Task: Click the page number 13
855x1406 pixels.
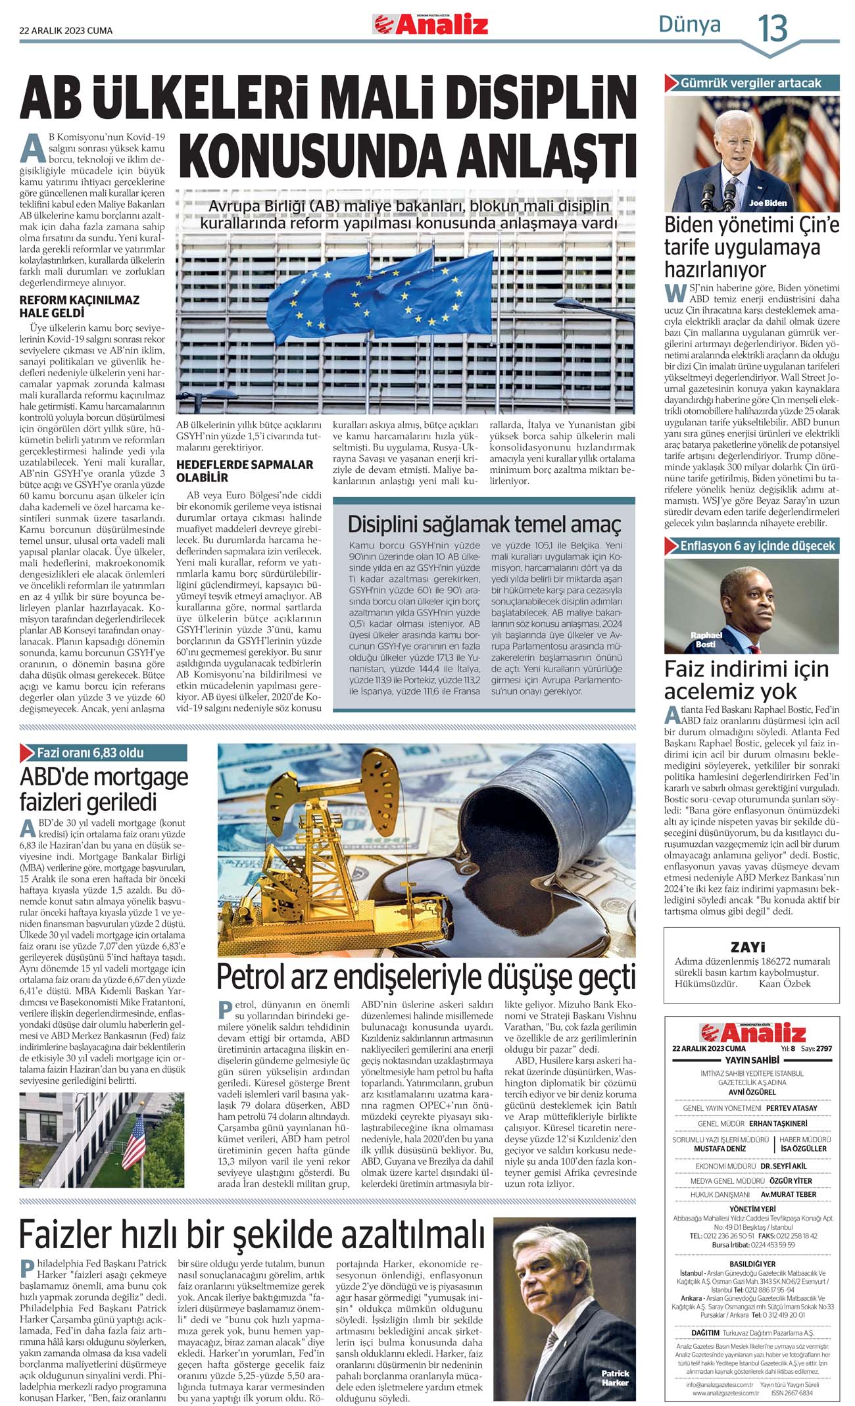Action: tap(772, 28)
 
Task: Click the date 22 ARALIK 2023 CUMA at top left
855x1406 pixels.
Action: tap(66, 30)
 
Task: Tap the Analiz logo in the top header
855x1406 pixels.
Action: tap(431, 25)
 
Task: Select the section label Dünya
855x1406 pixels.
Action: tap(689, 25)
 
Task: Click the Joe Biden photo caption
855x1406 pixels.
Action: tap(768, 203)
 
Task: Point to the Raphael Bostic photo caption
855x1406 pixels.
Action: tap(706, 639)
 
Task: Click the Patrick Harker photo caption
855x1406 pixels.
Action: tap(615, 1377)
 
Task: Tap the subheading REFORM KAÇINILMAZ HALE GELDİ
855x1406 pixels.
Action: tap(80, 306)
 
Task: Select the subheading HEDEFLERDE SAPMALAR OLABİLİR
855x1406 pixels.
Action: tap(245, 471)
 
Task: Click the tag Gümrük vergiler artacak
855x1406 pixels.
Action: tap(750, 84)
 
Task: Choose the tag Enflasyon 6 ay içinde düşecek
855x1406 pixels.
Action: tap(757, 546)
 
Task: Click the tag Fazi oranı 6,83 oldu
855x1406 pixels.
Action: tap(90, 753)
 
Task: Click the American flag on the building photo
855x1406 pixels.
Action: tap(134, 1142)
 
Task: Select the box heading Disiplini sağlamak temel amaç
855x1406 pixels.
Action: tap(484, 524)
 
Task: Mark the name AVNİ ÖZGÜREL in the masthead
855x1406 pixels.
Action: tap(752, 1092)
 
